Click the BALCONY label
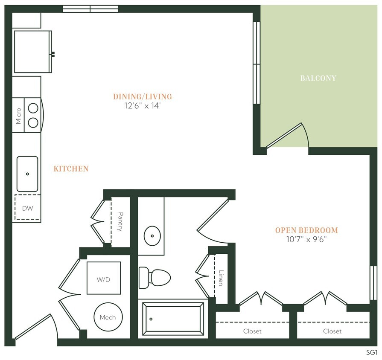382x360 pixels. point(318,78)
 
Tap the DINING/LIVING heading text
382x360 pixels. point(142,97)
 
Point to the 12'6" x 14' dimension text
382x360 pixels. point(142,106)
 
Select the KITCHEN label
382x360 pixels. point(71,169)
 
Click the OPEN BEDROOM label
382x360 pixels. point(306,230)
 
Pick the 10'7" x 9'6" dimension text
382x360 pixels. point(306,239)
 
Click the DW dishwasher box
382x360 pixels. point(27,208)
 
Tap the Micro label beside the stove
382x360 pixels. point(18,116)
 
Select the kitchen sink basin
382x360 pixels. point(27,174)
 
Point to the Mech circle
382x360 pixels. point(108,317)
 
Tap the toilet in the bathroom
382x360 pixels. point(155,277)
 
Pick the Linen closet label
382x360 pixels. point(221,278)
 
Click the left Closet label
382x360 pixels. point(252,331)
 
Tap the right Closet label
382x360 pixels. point(332,331)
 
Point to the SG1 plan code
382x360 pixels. point(372,352)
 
